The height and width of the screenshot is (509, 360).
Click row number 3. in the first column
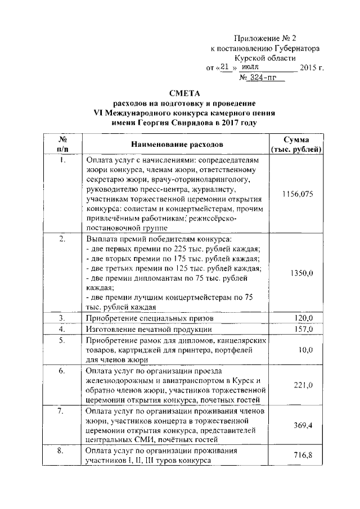point(63,318)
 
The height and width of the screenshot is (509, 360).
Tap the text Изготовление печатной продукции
point(148,329)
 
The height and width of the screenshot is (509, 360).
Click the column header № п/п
point(63,145)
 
